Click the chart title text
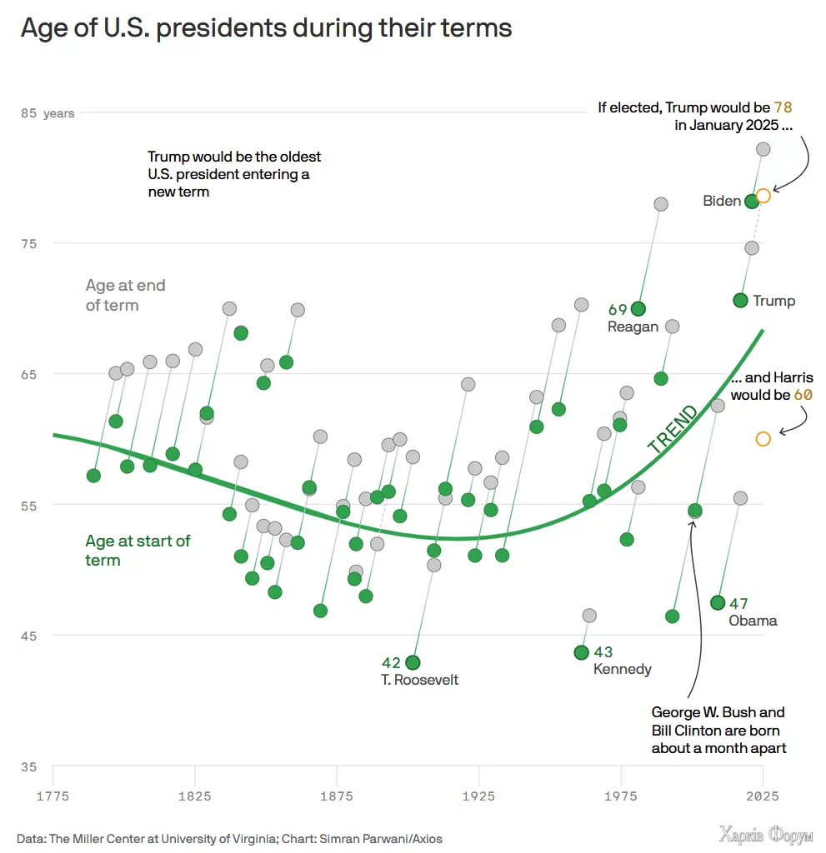pos(266,28)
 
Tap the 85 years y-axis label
pos(48,113)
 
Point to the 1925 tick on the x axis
pos(478,796)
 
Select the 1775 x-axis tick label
pos(53,796)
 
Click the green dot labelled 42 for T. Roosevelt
pos(413,663)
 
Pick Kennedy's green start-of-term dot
pos(582,652)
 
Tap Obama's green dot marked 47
pos(718,603)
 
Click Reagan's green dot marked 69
pos(638,310)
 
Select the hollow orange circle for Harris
pos(763,439)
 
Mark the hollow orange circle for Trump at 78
pos(763,196)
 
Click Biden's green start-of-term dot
pos(752,201)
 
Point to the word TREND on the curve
pos(673,430)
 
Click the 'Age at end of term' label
pos(125,295)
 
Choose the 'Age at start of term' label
pos(138,551)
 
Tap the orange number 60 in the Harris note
pos(803,395)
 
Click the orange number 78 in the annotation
pos(783,107)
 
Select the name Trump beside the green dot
pos(773,301)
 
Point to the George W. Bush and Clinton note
pos(718,730)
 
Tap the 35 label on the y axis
pos(29,766)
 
